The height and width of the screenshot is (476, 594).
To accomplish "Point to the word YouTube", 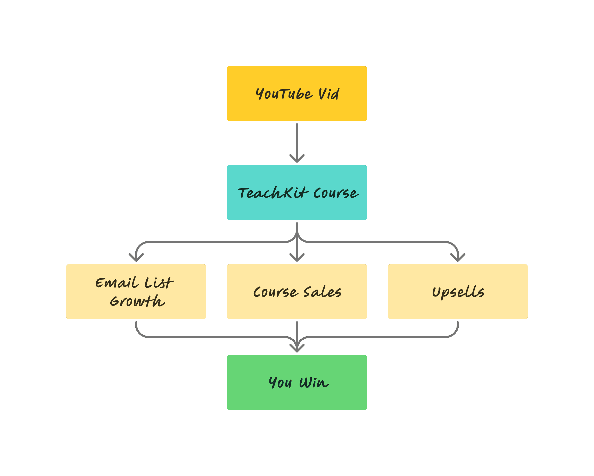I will (284, 94).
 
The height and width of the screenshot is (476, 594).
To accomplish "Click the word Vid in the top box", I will (329, 94).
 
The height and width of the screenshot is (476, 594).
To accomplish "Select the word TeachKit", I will (273, 193).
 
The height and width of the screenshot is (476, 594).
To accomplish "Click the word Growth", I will (137, 301).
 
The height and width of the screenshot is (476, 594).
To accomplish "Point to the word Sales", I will (322, 292).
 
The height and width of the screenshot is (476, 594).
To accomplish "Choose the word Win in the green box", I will (314, 383).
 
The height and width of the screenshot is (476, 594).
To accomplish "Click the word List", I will (159, 283).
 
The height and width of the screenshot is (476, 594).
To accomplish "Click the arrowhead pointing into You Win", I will (297, 349).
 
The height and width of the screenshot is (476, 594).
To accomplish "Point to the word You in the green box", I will (280, 383).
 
